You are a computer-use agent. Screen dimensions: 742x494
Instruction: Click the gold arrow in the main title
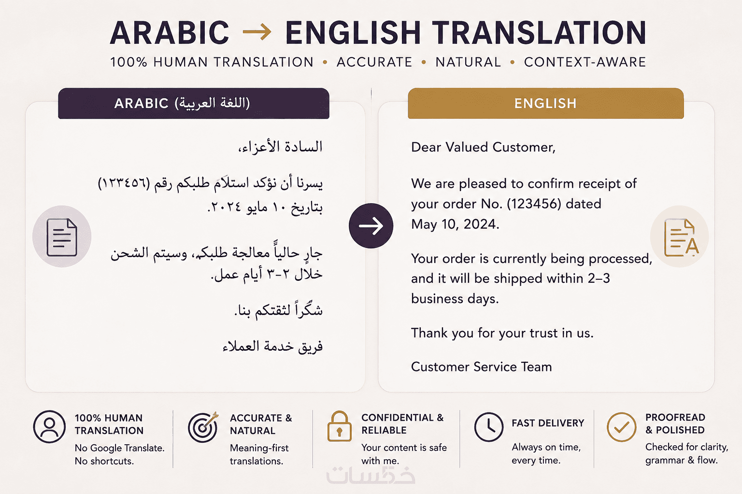(x=257, y=32)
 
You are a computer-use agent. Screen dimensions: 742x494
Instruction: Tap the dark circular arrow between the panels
(x=371, y=226)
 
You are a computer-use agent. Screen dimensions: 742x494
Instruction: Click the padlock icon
(x=339, y=426)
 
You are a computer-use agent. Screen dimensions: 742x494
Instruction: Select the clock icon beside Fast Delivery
(x=488, y=427)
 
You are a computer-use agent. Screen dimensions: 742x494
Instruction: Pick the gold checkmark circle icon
(x=621, y=427)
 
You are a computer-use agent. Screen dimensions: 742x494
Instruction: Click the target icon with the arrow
(x=203, y=427)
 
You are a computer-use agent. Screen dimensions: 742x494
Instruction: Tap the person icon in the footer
(x=49, y=427)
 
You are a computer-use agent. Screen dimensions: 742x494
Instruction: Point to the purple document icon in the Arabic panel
(x=62, y=237)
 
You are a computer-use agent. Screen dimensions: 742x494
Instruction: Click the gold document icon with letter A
(x=681, y=237)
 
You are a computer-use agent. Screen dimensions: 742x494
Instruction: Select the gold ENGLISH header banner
(x=545, y=103)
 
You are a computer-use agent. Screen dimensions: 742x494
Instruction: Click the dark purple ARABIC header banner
(x=193, y=103)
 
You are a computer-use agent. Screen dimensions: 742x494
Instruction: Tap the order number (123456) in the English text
(x=534, y=204)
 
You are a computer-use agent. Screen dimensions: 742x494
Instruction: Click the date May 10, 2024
(x=455, y=224)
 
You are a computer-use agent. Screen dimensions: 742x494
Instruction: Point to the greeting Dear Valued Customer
(x=483, y=147)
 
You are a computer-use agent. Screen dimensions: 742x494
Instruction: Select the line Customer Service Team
(x=481, y=367)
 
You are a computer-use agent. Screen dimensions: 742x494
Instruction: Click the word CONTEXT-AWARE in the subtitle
(x=585, y=62)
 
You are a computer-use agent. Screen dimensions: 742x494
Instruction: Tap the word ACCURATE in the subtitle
(x=374, y=62)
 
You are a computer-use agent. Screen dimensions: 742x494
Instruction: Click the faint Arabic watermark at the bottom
(x=371, y=476)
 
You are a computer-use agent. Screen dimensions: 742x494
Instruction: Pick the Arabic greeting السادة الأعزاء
(x=280, y=147)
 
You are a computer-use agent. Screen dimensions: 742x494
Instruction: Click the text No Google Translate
(x=120, y=448)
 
